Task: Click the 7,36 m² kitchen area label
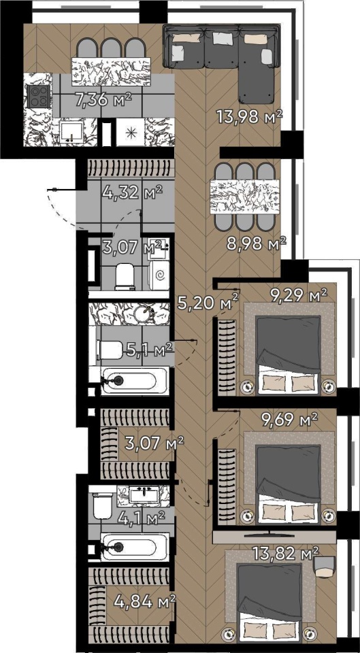[103, 99]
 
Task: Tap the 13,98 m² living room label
[250, 116]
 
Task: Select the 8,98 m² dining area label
[257, 244]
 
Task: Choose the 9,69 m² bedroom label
[289, 418]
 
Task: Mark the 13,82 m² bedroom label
[285, 554]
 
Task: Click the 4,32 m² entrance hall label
[131, 193]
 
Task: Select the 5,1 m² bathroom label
[149, 350]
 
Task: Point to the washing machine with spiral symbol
[159, 275]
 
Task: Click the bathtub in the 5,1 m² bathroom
[129, 380]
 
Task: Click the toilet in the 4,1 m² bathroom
[101, 505]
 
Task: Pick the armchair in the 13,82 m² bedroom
[324, 567]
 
